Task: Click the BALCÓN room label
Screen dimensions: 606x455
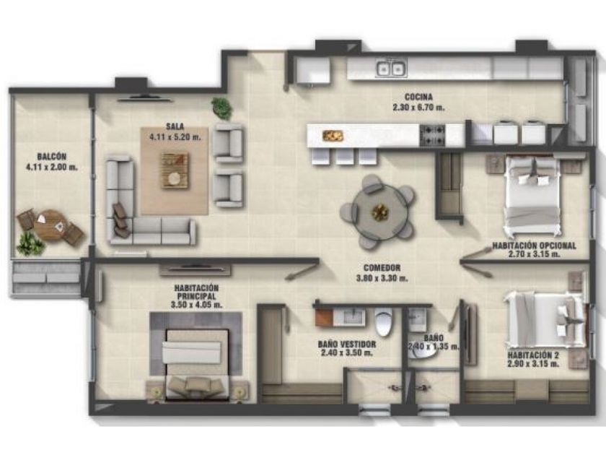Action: [52, 157]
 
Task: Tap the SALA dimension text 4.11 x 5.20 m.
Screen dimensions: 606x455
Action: [175, 136]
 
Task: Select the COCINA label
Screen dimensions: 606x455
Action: [418, 97]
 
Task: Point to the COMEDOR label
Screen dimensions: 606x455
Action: [382, 268]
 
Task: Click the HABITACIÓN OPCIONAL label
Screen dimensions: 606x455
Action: [534, 246]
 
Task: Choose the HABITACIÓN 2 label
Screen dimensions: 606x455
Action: [533, 355]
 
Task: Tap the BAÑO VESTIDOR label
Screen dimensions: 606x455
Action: [347, 344]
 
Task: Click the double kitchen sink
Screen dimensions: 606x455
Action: [391, 69]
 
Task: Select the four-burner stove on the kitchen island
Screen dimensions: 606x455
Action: [432, 135]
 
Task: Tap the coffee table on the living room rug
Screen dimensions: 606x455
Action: [175, 170]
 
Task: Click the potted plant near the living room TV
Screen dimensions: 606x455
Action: [222, 108]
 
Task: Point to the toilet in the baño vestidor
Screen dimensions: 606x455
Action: [383, 322]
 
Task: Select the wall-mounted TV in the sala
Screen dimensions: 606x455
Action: [144, 98]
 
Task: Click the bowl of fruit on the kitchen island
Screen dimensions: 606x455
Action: [333, 136]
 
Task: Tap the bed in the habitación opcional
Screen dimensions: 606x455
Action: [533, 196]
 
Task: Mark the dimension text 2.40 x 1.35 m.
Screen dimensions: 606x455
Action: [434, 347]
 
